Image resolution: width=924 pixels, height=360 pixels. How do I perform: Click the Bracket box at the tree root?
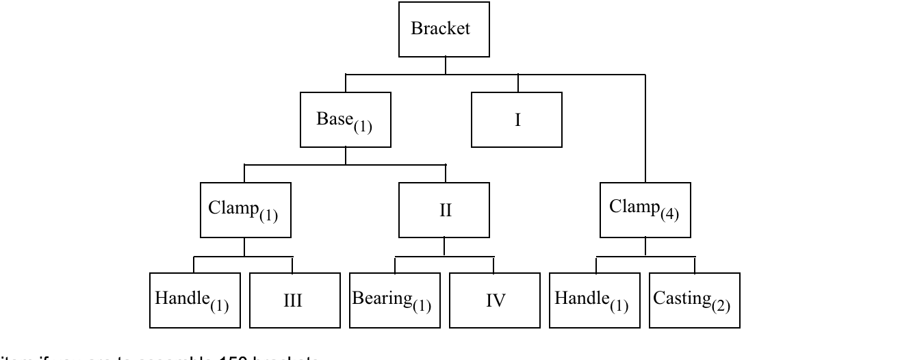pos(445,29)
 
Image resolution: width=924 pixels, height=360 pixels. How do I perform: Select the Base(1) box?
pos(345,120)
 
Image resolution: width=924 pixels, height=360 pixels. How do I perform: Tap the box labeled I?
pos(517,120)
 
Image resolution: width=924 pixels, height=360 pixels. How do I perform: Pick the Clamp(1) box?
pos(245,209)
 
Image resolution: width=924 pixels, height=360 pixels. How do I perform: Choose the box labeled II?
pos(445,210)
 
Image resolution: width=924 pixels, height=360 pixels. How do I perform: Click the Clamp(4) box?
pos(645,209)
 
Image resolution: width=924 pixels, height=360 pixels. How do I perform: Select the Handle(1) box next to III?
pos(195,300)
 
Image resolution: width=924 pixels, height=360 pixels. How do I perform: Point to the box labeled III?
pos(294,300)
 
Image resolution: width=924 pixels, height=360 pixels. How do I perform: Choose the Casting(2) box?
pos(694,300)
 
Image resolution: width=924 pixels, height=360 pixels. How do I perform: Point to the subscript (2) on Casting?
pos(719,305)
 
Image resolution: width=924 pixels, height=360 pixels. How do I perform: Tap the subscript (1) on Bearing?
pos(421,305)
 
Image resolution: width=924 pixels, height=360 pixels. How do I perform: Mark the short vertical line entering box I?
pos(517,82)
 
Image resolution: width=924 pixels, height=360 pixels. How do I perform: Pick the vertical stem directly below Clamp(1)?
pos(245,247)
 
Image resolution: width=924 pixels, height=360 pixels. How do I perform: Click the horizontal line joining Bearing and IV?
pos(445,257)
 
